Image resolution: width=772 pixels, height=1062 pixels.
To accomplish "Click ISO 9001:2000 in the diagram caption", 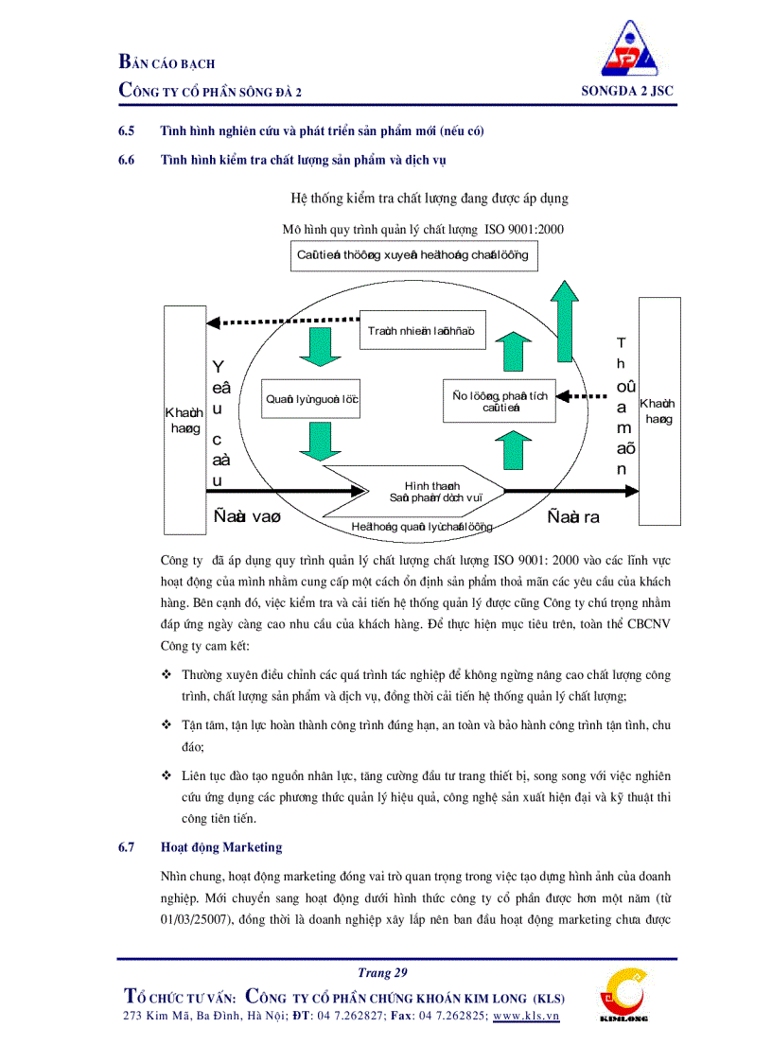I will [524, 229].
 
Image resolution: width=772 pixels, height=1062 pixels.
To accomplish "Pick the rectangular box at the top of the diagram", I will [413, 255].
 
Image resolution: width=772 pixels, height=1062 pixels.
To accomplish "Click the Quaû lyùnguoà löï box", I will [311, 400].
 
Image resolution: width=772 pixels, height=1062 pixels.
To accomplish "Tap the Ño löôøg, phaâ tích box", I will [500, 401].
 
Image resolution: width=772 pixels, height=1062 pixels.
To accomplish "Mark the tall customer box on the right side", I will [659, 410].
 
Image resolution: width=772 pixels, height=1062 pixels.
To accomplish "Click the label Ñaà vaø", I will [247, 517].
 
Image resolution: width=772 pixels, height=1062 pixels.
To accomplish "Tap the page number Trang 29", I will [382, 972].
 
